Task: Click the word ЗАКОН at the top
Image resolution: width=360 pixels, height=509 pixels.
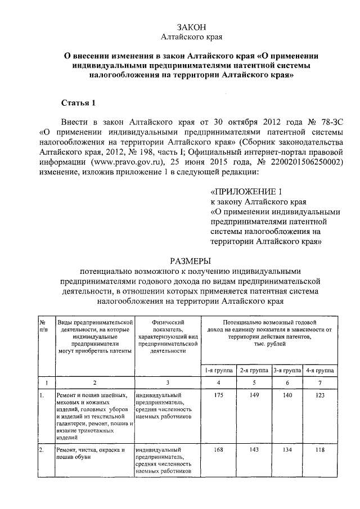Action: pyautogui.click(x=192, y=27)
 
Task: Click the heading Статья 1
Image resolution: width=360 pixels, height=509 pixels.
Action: pyautogui.click(x=79, y=103)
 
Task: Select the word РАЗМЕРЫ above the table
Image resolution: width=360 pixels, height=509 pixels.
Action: pyautogui.click(x=192, y=261)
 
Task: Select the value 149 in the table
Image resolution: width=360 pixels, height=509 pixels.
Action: pyautogui.click(x=254, y=396)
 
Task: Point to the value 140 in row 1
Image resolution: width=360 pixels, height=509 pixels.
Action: pyautogui.click(x=287, y=396)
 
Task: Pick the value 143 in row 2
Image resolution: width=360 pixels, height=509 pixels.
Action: pyautogui.click(x=254, y=450)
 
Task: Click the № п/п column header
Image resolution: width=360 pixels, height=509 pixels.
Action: pyautogui.click(x=43, y=325)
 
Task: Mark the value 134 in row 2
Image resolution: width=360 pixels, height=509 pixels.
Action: pyautogui.click(x=287, y=450)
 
